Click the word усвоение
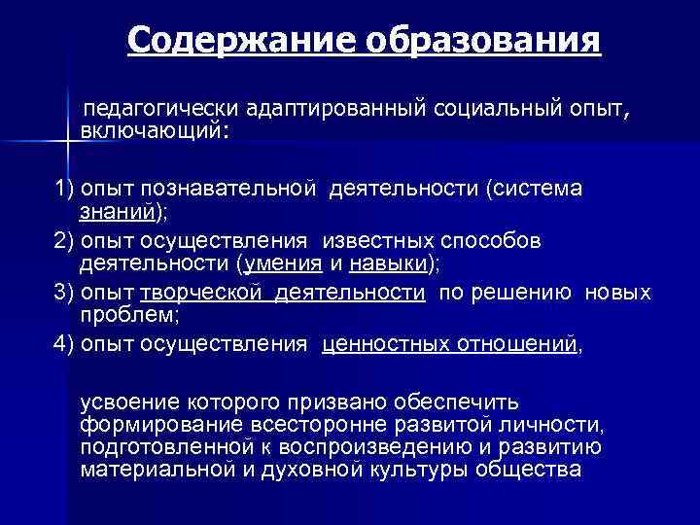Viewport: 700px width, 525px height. (132, 402)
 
